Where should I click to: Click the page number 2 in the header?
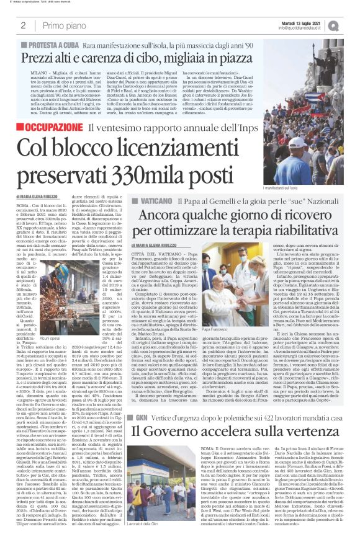pyautogui.click(x=22, y=25)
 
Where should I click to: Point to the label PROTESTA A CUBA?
pyautogui.click(x=51, y=45)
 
